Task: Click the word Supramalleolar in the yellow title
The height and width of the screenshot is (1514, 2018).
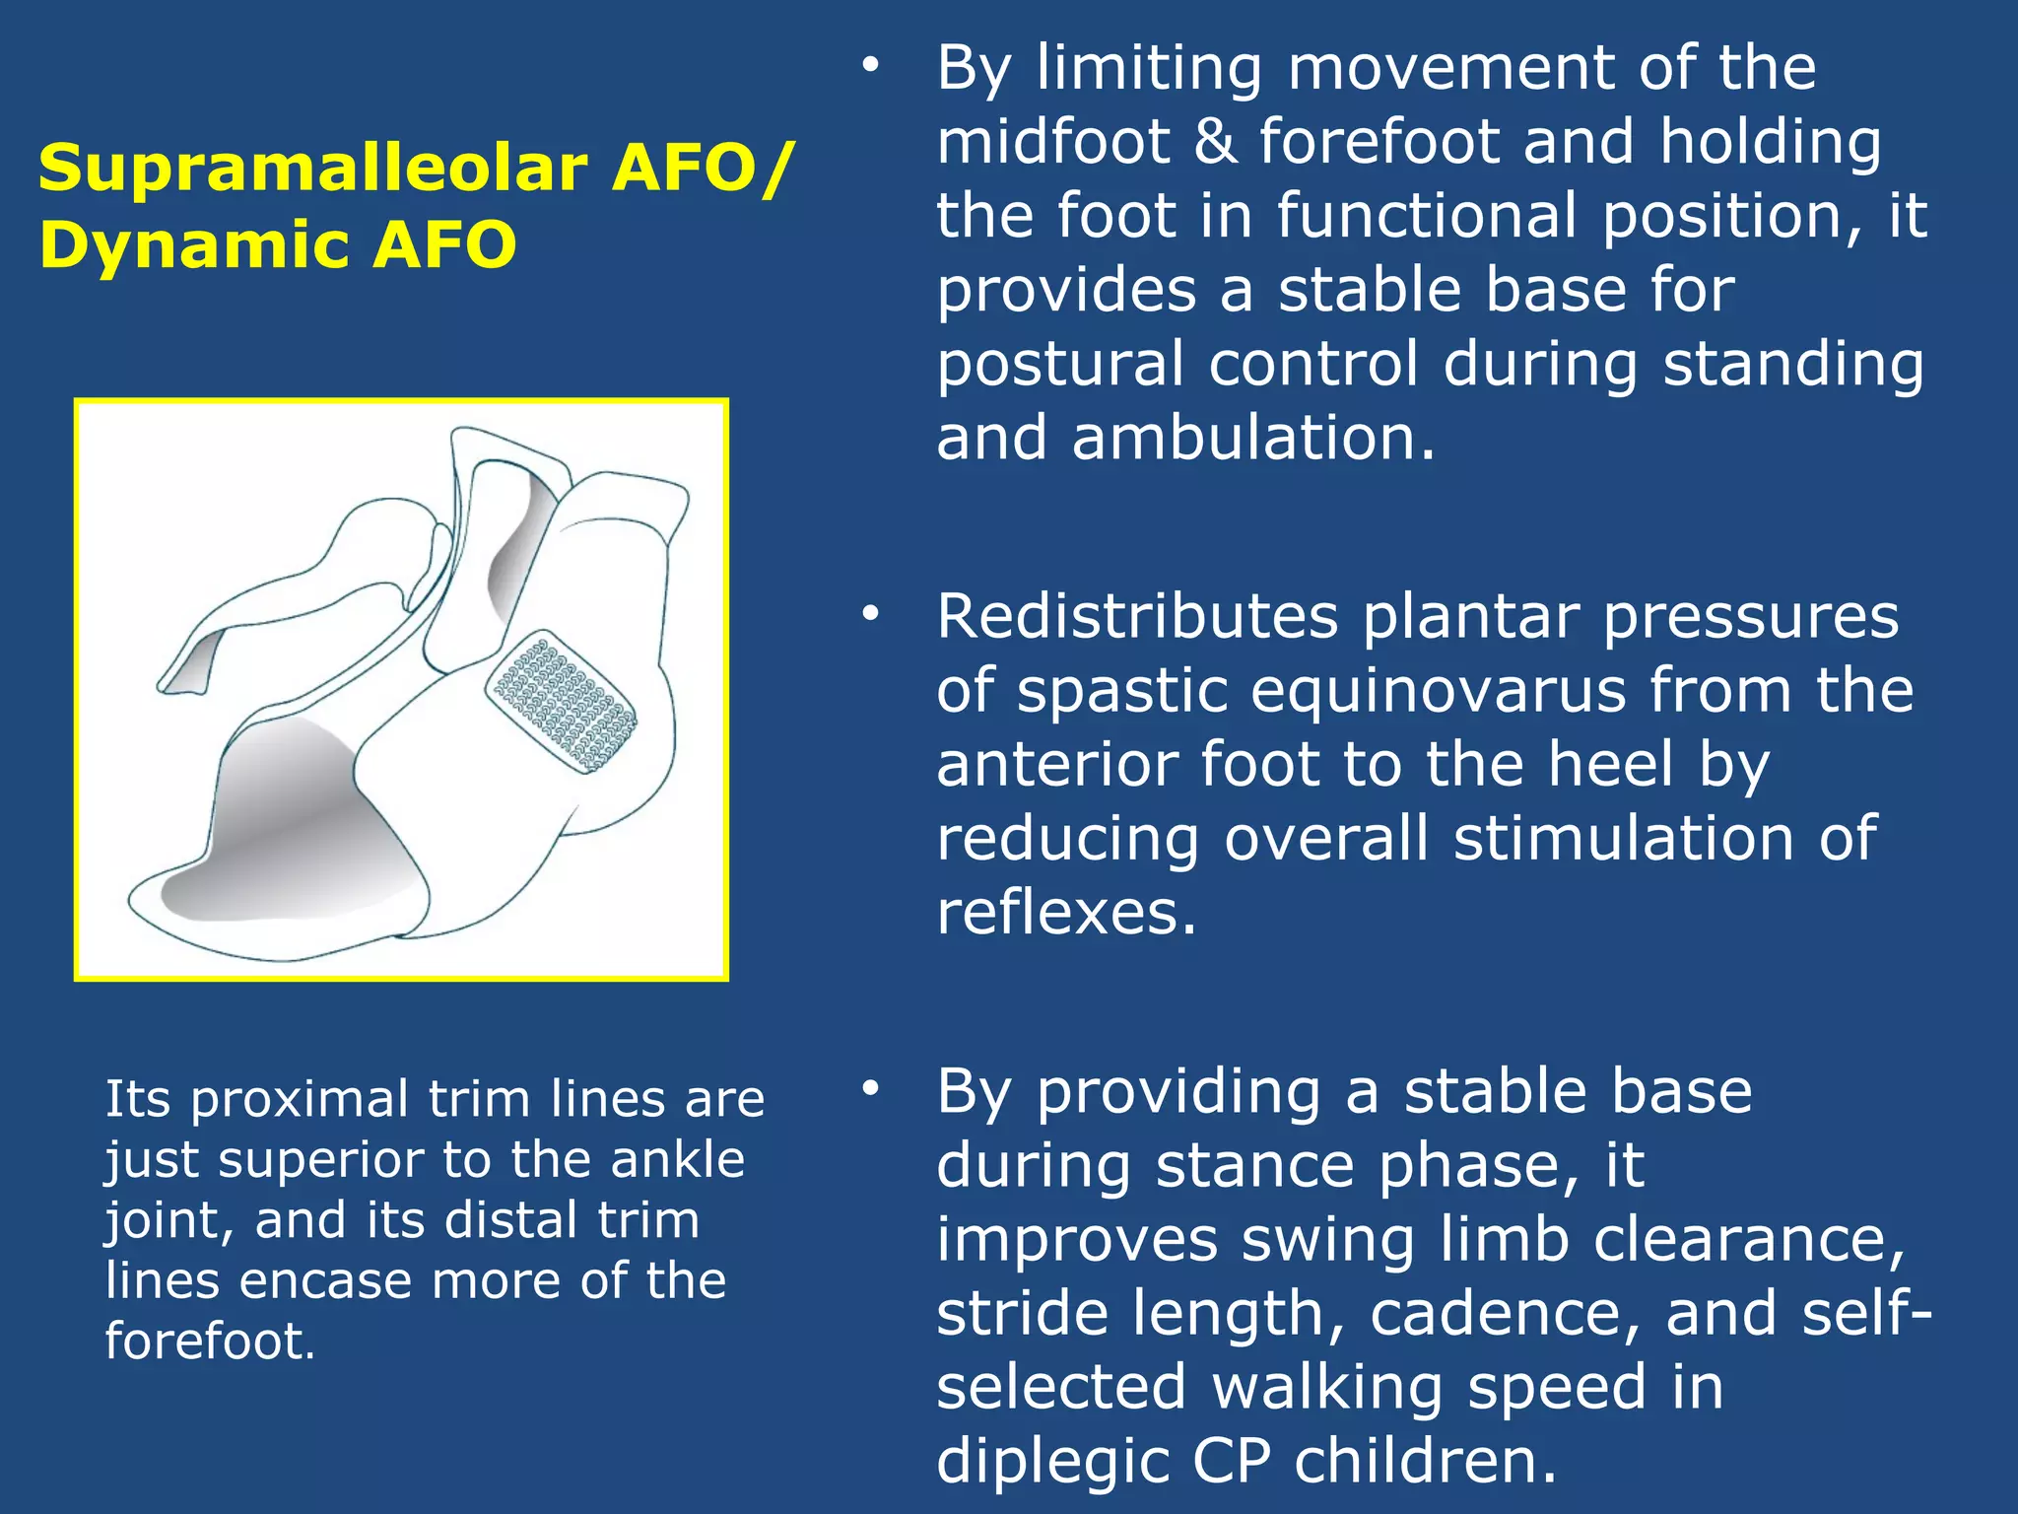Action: tap(313, 169)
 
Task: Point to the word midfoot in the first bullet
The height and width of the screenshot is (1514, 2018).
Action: tap(1052, 142)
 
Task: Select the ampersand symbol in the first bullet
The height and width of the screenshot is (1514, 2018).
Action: tap(1215, 142)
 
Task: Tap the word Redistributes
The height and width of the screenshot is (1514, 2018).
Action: tap(1137, 618)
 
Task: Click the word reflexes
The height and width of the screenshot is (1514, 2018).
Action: tap(1065, 913)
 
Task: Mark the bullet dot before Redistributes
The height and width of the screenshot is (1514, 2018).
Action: tap(869, 614)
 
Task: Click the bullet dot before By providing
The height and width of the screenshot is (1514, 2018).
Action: tap(869, 1088)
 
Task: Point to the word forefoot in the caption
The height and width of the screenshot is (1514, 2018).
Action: tap(209, 1342)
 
